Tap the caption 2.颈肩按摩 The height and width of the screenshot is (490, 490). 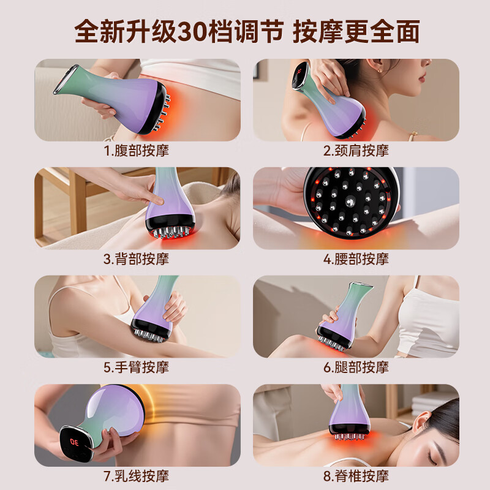pyautogui.click(x=356, y=150)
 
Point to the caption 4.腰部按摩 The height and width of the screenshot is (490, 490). pyautogui.click(x=356, y=258)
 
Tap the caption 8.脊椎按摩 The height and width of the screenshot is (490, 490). pyautogui.click(x=356, y=475)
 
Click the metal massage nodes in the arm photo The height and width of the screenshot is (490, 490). pyautogui.click(x=150, y=333)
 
